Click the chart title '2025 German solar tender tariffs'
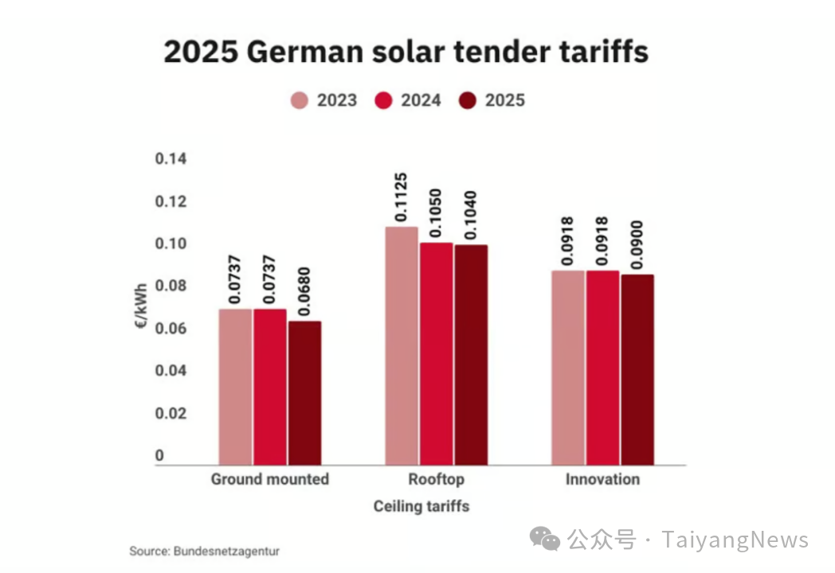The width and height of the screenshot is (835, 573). click(406, 53)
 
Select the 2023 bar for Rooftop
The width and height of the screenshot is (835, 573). click(402, 345)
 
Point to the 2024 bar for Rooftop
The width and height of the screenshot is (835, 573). click(437, 353)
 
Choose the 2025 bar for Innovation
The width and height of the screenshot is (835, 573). click(637, 369)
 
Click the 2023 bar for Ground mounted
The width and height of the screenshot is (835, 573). click(235, 387)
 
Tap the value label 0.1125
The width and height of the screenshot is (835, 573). click(402, 198)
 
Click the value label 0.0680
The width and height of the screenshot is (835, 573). click(305, 292)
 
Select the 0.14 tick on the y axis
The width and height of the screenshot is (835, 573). click(171, 159)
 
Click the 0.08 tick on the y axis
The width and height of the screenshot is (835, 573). click(171, 286)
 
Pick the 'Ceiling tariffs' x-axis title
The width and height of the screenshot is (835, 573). click(421, 506)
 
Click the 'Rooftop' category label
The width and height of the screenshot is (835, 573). click(436, 480)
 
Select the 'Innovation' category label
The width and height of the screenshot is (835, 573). click(602, 480)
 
